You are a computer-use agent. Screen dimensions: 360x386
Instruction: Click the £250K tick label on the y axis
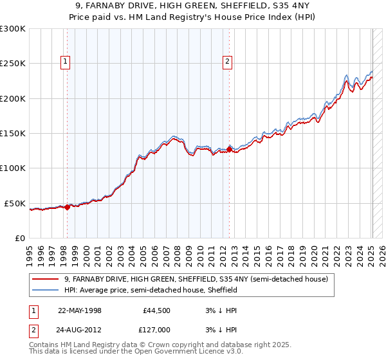click(x=13, y=64)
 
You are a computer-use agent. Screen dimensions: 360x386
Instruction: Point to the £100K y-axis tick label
click(x=13, y=168)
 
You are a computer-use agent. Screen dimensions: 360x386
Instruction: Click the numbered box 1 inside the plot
click(x=66, y=62)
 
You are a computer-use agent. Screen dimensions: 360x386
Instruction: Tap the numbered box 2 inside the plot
click(x=228, y=62)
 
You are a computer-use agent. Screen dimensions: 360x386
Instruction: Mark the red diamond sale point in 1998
click(x=68, y=207)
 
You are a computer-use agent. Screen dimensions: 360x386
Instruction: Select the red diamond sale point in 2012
click(x=230, y=150)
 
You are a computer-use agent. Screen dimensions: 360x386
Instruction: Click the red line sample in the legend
click(x=46, y=280)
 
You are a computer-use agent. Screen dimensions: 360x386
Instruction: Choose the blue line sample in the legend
click(x=46, y=291)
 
